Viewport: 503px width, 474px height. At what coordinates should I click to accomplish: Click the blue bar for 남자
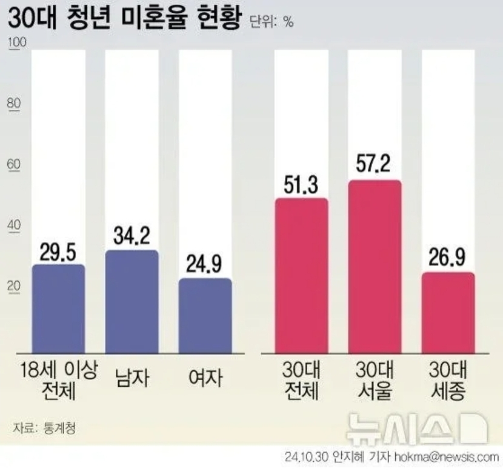coord(132,302)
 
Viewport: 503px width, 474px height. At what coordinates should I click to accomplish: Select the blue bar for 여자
coord(205,316)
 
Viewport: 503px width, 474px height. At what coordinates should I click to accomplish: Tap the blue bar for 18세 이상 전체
coord(58,309)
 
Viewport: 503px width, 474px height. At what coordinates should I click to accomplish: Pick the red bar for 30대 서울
coord(374,267)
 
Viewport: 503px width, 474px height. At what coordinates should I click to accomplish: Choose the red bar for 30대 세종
coord(448,313)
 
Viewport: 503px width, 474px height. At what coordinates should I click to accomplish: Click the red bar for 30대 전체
coord(301,276)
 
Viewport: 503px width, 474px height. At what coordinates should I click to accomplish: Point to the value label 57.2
coord(374,164)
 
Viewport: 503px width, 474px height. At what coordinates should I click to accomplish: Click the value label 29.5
coord(58,249)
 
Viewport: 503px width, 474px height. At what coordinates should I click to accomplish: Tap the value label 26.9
coord(448,257)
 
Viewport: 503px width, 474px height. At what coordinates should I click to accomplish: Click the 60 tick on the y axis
coord(13,164)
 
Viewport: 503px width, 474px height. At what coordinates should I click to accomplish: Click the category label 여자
coord(205,378)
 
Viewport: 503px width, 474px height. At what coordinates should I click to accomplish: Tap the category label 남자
coord(132,378)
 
